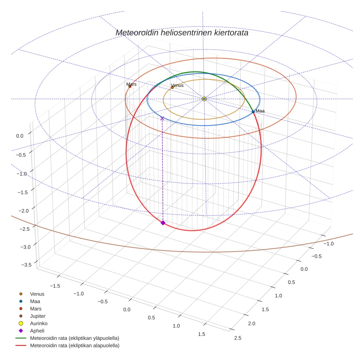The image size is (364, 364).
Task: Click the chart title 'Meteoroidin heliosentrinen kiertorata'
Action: [x=182, y=33]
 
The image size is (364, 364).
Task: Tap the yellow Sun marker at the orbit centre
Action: [x=204, y=99]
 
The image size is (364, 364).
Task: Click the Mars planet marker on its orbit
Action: [x=130, y=87]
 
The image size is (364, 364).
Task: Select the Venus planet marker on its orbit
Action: [x=172, y=88]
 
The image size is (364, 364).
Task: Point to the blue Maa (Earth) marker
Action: [x=253, y=111]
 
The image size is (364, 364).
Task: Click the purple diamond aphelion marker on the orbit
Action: [x=163, y=222]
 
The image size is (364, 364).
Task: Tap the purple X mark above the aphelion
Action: [x=162, y=118]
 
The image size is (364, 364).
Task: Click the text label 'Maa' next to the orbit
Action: [x=260, y=111]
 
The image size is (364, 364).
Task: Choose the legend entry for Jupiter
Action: [x=38, y=316]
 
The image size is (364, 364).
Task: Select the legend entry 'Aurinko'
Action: [x=38, y=323]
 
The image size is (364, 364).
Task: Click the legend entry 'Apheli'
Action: [x=37, y=331]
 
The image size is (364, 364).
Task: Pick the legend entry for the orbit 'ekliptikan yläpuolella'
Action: [x=74, y=338]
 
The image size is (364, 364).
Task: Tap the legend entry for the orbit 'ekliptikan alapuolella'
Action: [x=74, y=346]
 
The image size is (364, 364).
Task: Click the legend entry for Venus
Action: [x=37, y=294]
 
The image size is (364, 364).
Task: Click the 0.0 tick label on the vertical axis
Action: [x=20, y=136]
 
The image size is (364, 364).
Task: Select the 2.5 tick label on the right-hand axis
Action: [x=237, y=337]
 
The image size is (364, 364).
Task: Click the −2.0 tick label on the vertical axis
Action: [x=23, y=210]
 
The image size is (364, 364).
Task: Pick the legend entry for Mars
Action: [x=36, y=309]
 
